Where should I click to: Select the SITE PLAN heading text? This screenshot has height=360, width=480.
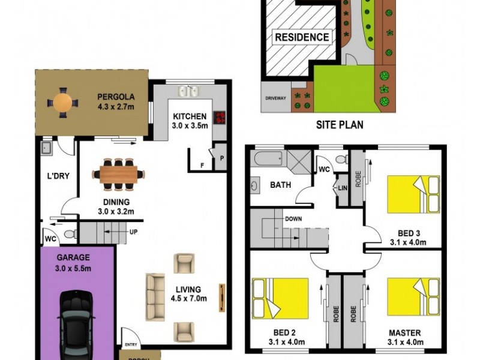[340, 125]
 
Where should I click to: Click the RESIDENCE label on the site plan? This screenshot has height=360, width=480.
[302, 37]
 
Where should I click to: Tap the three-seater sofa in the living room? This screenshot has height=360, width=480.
[155, 296]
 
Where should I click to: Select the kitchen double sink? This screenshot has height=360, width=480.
[190, 92]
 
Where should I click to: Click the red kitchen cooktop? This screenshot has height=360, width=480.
[220, 116]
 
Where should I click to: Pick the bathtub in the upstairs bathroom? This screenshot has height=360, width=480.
[268, 160]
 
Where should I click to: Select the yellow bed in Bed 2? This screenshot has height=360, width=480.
[281, 298]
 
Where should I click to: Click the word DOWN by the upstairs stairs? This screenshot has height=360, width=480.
[293, 219]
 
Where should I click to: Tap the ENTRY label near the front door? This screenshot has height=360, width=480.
[130, 344]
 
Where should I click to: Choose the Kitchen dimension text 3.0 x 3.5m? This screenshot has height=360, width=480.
[190, 126]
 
